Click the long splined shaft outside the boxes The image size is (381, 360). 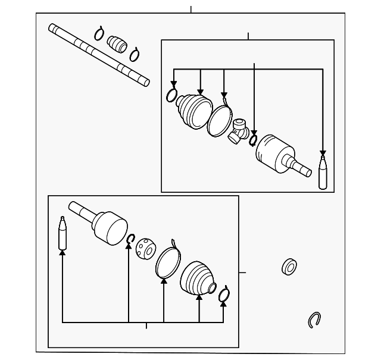coord(98,54)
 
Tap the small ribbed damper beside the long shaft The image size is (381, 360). coord(117,45)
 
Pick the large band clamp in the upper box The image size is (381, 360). coord(220,121)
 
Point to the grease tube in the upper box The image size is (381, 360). coord(323,172)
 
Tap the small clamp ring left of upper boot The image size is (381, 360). coord(173,95)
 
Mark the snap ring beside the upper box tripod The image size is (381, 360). coord(253,139)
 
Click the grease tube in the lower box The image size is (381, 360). coord(62,234)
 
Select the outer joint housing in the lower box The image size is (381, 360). coord(108,227)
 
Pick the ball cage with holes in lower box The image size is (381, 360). coord(144,248)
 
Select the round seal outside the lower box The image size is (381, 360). coord(289,266)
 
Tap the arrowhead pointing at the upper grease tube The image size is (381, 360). coord(323,153)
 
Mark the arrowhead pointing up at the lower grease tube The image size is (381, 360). coord(62,253)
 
